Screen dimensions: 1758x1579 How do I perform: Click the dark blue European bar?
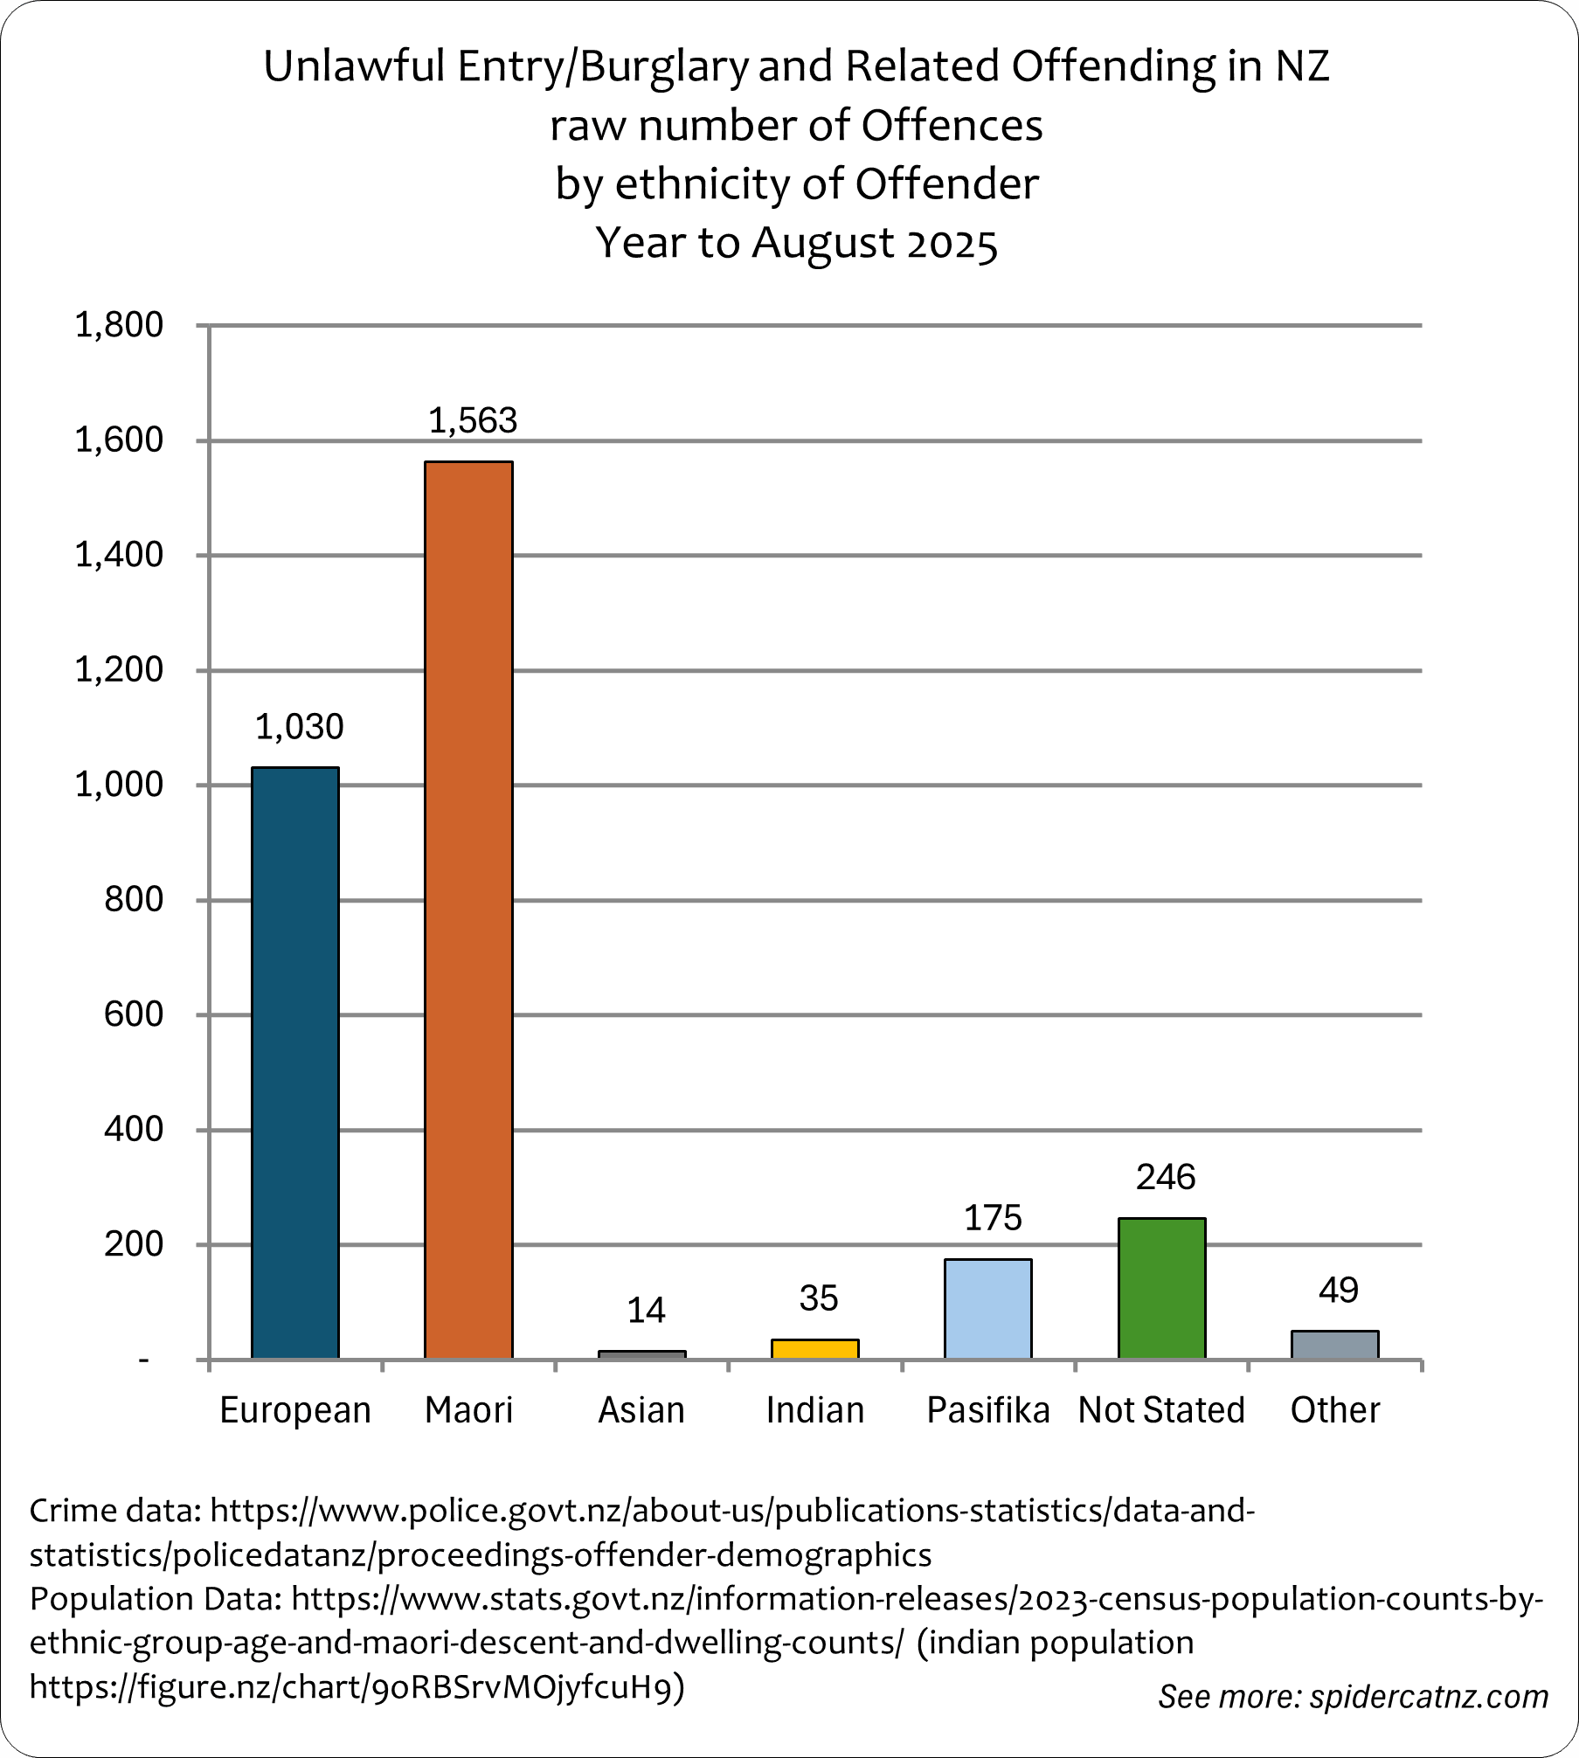tap(295, 1062)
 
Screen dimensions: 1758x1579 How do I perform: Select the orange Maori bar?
tap(468, 909)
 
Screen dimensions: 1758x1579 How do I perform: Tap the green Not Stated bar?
tap(1161, 1288)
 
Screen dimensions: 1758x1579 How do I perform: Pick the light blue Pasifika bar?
tap(988, 1308)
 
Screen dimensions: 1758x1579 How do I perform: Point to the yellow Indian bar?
tap(814, 1349)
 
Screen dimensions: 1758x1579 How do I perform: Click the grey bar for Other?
tap(1334, 1345)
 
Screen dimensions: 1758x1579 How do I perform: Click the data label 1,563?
tap(473, 421)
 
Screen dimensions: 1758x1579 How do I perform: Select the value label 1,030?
tap(299, 727)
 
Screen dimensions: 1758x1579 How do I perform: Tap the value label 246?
tap(1165, 1178)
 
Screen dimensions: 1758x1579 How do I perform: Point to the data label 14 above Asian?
tap(646, 1311)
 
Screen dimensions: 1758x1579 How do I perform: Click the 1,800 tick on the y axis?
tap(119, 325)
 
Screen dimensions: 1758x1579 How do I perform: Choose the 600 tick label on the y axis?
tap(133, 1014)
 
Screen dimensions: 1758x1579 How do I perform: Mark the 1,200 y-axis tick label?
tap(119, 670)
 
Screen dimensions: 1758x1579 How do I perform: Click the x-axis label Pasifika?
tap(987, 1410)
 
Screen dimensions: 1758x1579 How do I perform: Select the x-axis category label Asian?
tap(641, 1410)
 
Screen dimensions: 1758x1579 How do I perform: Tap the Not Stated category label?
tap(1161, 1410)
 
